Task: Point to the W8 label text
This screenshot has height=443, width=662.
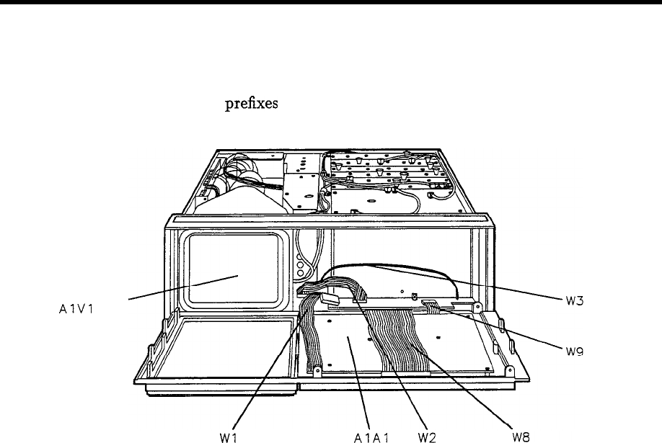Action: click(x=521, y=436)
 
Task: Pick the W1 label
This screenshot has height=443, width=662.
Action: click(x=229, y=436)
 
